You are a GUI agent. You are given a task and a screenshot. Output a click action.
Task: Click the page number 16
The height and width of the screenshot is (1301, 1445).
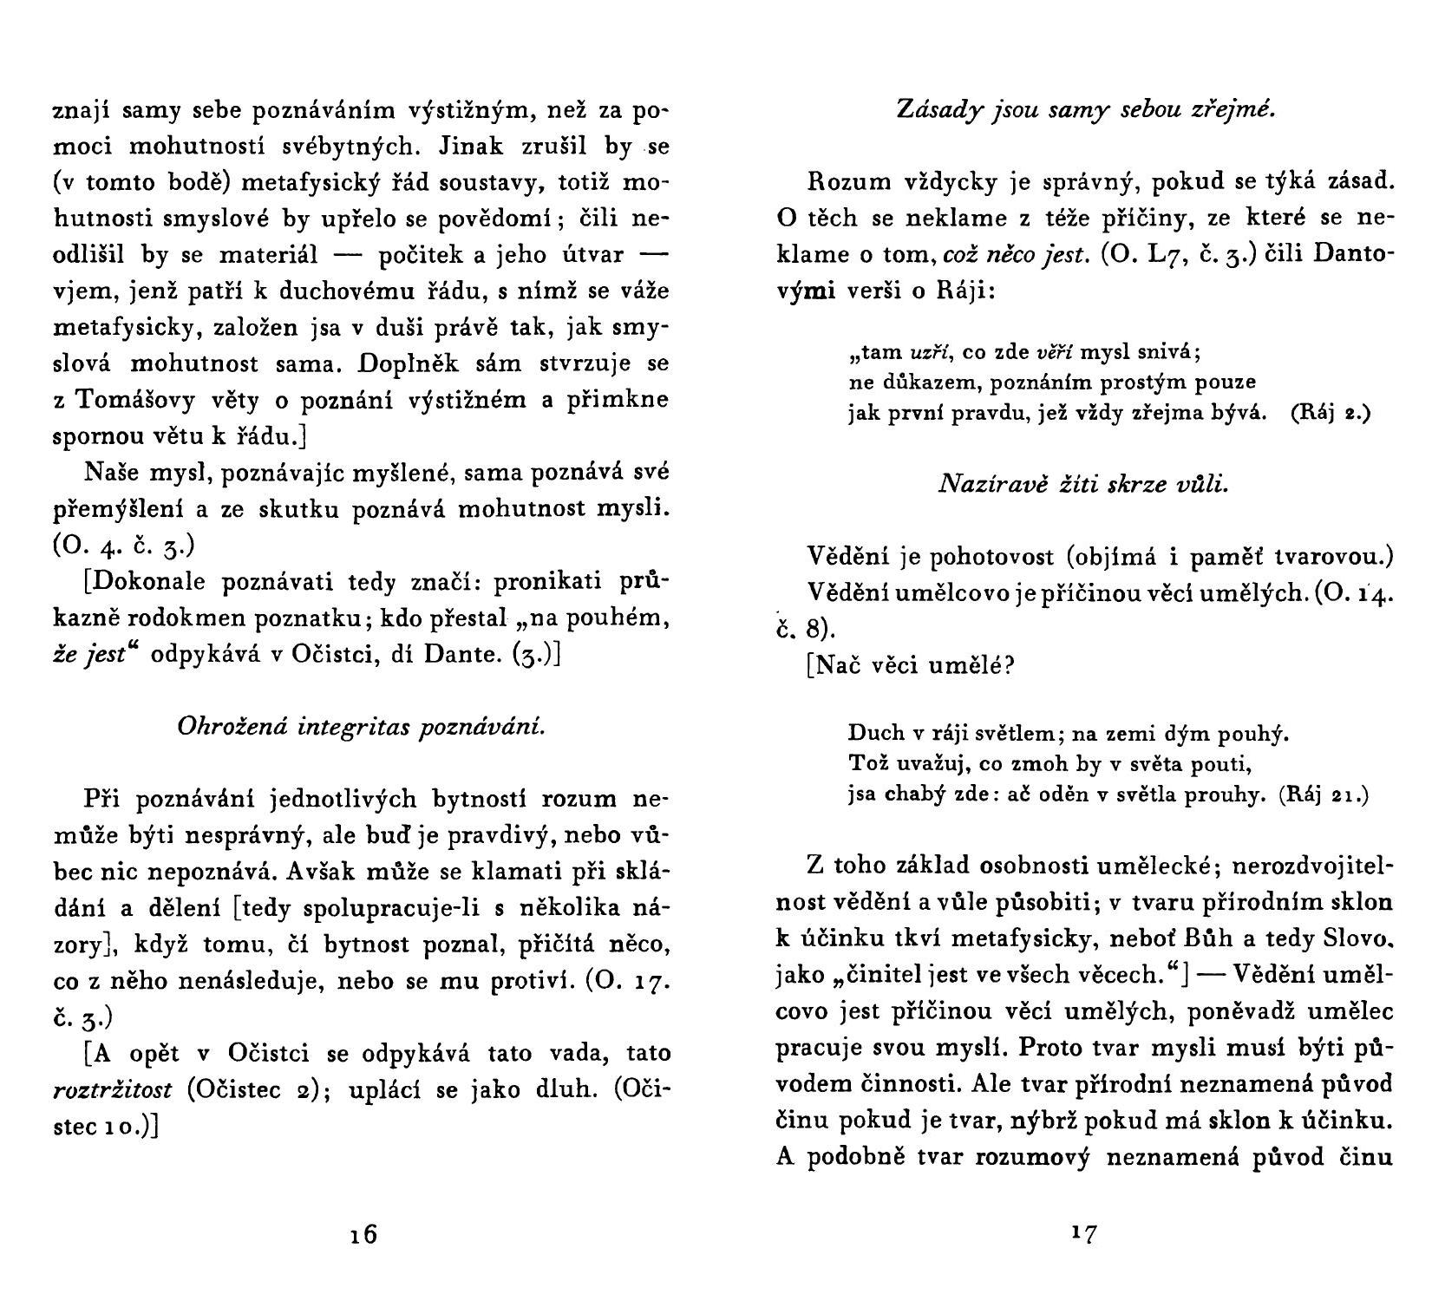point(364,1233)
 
